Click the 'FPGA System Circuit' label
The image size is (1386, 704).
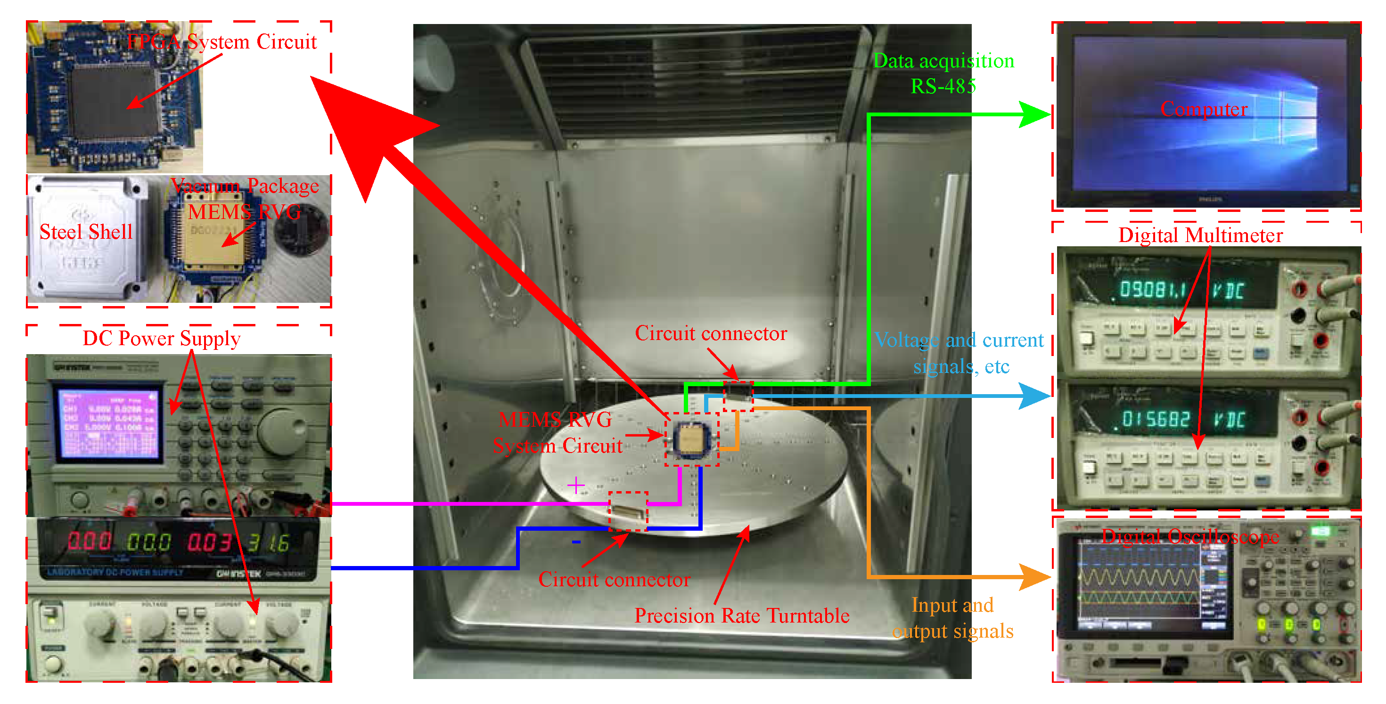pyautogui.click(x=221, y=42)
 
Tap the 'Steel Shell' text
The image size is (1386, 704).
pyautogui.click(x=86, y=232)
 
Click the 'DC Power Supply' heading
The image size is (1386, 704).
pyautogui.click(x=162, y=338)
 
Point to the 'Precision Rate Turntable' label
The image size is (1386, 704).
pyautogui.click(x=741, y=615)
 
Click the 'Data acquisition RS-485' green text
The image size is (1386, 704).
pyautogui.click(x=943, y=73)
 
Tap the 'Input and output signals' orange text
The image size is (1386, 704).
pyautogui.click(x=952, y=618)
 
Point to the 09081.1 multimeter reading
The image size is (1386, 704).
pyautogui.click(x=1151, y=291)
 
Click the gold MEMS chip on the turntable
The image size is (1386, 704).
pyautogui.click(x=691, y=438)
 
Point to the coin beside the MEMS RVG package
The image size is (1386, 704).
pyautogui.click(x=301, y=232)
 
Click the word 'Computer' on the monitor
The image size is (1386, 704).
pyautogui.click(x=1203, y=109)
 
